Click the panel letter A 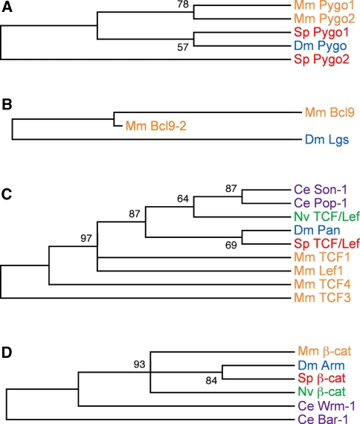(x=7, y=7)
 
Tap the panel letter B (x=7, y=105)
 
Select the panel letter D (x=7, y=353)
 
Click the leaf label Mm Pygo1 (x=324, y=5)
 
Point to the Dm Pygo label (x=321, y=46)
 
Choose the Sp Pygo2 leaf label (x=321, y=60)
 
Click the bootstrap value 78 (x=183, y=4)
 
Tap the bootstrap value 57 (x=183, y=48)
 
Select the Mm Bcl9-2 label (x=156, y=126)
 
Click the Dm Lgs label (x=327, y=140)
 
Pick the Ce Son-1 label (x=321, y=190)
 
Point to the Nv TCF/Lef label (x=327, y=216)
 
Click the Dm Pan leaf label (x=317, y=230)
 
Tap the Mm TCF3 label (x=322, y=298)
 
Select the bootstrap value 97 (x=86, y=238)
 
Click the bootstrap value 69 (x=231, y=245)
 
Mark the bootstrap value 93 (x=140, y=364)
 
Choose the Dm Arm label (x=321, y=365)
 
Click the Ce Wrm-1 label (x=327, y=406)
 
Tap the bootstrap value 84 (x=211, y=381)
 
